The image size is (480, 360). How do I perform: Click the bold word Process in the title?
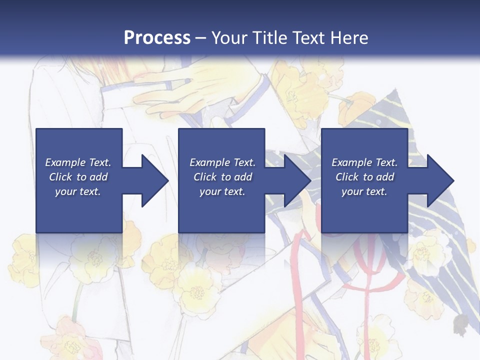157,38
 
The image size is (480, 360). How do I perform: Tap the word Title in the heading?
269,38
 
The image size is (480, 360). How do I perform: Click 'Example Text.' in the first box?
78,162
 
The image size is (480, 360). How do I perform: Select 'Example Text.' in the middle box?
222,162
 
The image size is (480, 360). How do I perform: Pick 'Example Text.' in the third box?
364,162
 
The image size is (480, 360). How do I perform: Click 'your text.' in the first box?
78,191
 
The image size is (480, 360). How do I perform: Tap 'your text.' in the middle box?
222,191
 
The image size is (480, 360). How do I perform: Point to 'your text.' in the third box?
364,191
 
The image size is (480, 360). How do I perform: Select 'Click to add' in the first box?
78,177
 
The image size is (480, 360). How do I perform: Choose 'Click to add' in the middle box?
222,177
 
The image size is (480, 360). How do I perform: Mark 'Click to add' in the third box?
364,177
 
